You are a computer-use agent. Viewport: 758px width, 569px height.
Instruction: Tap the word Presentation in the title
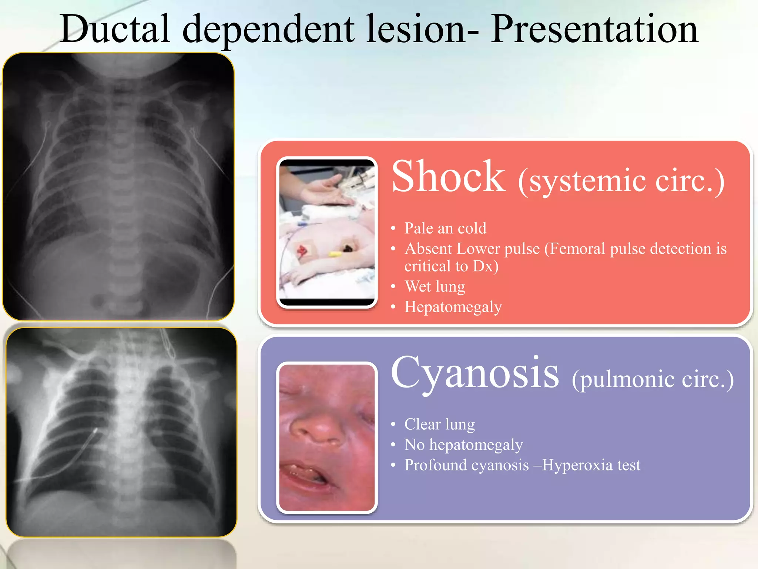click(x=594, y=30)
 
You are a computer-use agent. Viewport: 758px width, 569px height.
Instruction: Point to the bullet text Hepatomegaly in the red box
click(x=453, y=307)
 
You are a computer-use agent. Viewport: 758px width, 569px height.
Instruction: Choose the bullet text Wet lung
click(x=435, y=286)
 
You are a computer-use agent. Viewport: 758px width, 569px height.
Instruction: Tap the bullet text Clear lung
click(x=439, y=424)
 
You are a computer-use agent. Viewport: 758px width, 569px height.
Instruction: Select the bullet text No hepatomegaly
click(x=463, y=445)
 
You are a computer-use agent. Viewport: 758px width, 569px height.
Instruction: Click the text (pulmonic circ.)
click(x=653, y=379)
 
